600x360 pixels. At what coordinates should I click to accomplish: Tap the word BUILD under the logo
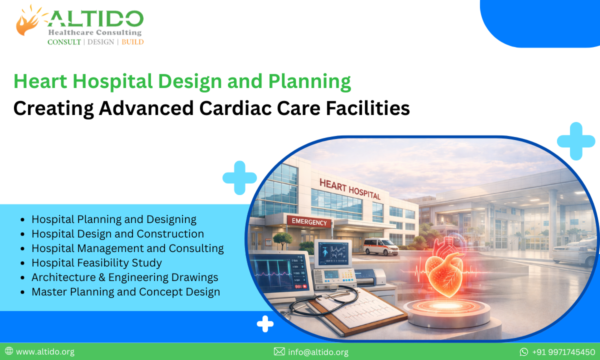click(x=132, y=42)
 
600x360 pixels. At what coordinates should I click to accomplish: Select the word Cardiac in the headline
click(x=277, y=107)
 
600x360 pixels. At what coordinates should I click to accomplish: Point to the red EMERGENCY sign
click(x=308, y=222)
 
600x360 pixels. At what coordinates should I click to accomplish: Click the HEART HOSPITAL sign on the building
click(x=349, y=189)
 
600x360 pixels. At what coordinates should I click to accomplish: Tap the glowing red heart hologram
click(x=447, y=272)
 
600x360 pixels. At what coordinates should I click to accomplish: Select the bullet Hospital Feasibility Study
click(x=96, y=262)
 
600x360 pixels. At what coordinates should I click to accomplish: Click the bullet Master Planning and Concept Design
click(x=125, y=291)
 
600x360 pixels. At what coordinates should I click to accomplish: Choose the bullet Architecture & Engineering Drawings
click(x=124, y=277)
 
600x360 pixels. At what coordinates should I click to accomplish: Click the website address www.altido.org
click(x=45, y=352)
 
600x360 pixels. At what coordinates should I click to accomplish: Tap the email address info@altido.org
click(x=318, y=352)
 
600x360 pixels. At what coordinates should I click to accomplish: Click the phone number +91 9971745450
click(x=563, y=352)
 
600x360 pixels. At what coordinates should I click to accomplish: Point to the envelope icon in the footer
click(x=279, y=352)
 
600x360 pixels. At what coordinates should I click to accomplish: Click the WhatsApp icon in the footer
click(x=523, y=352)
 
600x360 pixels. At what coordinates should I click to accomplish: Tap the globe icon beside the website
click(x=8, y=351)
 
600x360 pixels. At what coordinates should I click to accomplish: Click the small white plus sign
click(x=265, y=324)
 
